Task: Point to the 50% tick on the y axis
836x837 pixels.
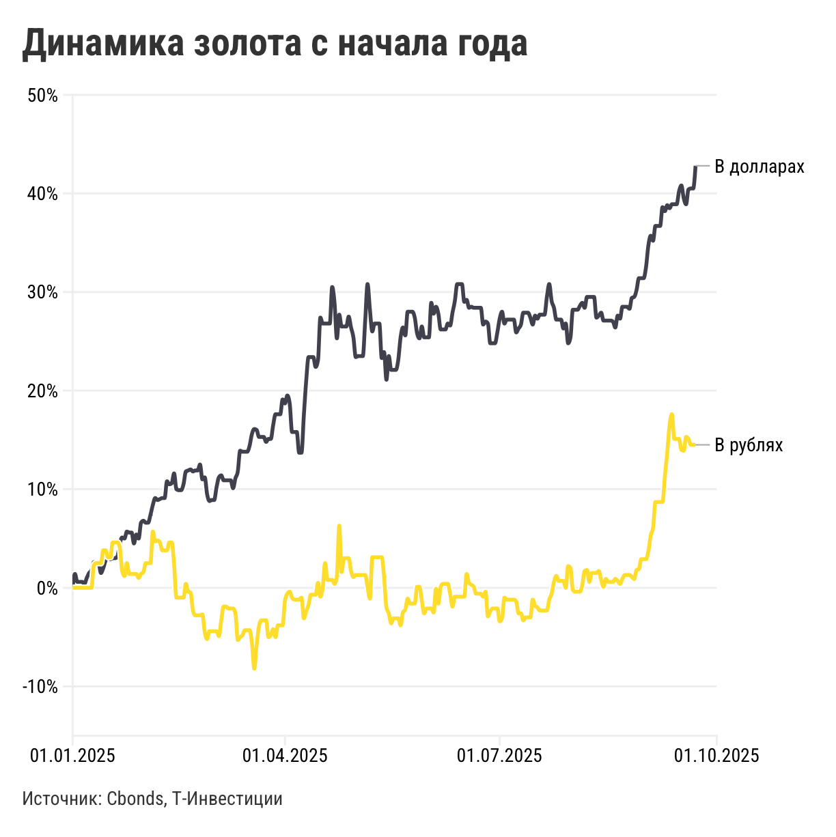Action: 42,96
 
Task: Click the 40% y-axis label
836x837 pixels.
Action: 42,194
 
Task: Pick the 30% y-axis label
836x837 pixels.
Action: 42,292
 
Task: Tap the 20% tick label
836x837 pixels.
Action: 42,391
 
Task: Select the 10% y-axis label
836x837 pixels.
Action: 42,490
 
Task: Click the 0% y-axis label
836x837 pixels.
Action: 46,588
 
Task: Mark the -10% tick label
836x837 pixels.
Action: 40,686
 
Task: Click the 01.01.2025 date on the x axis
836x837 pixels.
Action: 73,756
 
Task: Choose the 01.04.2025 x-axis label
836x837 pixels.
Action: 285,756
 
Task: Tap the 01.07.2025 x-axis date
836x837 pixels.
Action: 499,756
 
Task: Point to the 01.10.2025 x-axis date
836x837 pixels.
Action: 716,756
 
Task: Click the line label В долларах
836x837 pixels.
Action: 760,167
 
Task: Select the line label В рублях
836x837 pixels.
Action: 749,445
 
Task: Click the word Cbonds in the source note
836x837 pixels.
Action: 135,798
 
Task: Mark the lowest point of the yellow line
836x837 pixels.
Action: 255,668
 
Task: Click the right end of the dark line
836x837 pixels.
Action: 695,167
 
